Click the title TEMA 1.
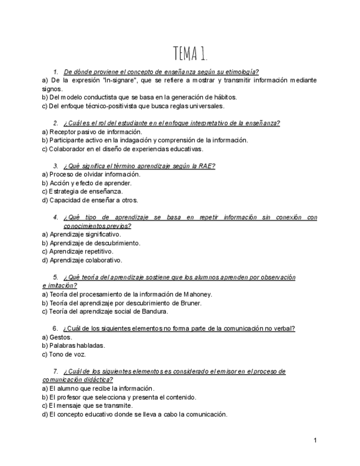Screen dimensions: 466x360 click(x=190, y=54)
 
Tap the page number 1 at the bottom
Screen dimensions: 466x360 click(x=315, y=440)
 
